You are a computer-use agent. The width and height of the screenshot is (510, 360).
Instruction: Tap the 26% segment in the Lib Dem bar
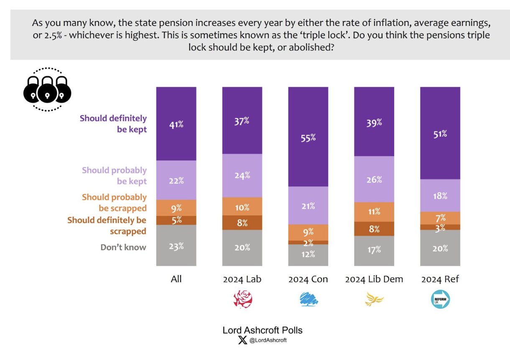(374, 179)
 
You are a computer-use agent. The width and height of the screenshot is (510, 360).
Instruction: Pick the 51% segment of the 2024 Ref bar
(440, 133)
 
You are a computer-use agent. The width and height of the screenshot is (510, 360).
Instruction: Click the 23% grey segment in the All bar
(176, 246)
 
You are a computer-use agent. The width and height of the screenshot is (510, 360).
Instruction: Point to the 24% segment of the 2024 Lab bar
(242, 175)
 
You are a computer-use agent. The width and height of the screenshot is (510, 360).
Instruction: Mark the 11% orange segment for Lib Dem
(374, 212)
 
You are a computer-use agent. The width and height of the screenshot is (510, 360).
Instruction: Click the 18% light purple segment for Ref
(440, 195)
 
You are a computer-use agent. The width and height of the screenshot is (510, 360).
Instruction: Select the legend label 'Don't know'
(123, 247)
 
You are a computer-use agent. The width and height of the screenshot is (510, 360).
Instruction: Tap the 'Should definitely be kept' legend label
(113, 124)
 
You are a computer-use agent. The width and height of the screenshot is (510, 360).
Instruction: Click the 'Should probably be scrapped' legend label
(114, 203)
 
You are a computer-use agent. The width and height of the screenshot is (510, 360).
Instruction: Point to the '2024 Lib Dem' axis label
(374, 279)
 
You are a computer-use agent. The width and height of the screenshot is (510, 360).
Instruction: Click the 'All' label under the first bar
(176, 279)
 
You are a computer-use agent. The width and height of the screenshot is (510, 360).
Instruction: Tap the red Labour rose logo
(242, 299)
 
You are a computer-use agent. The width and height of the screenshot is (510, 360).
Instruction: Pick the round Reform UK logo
(440, 299)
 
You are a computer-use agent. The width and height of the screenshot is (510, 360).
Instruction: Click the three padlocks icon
(47, 89)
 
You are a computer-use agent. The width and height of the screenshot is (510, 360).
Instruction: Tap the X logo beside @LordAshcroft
(242, 340)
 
